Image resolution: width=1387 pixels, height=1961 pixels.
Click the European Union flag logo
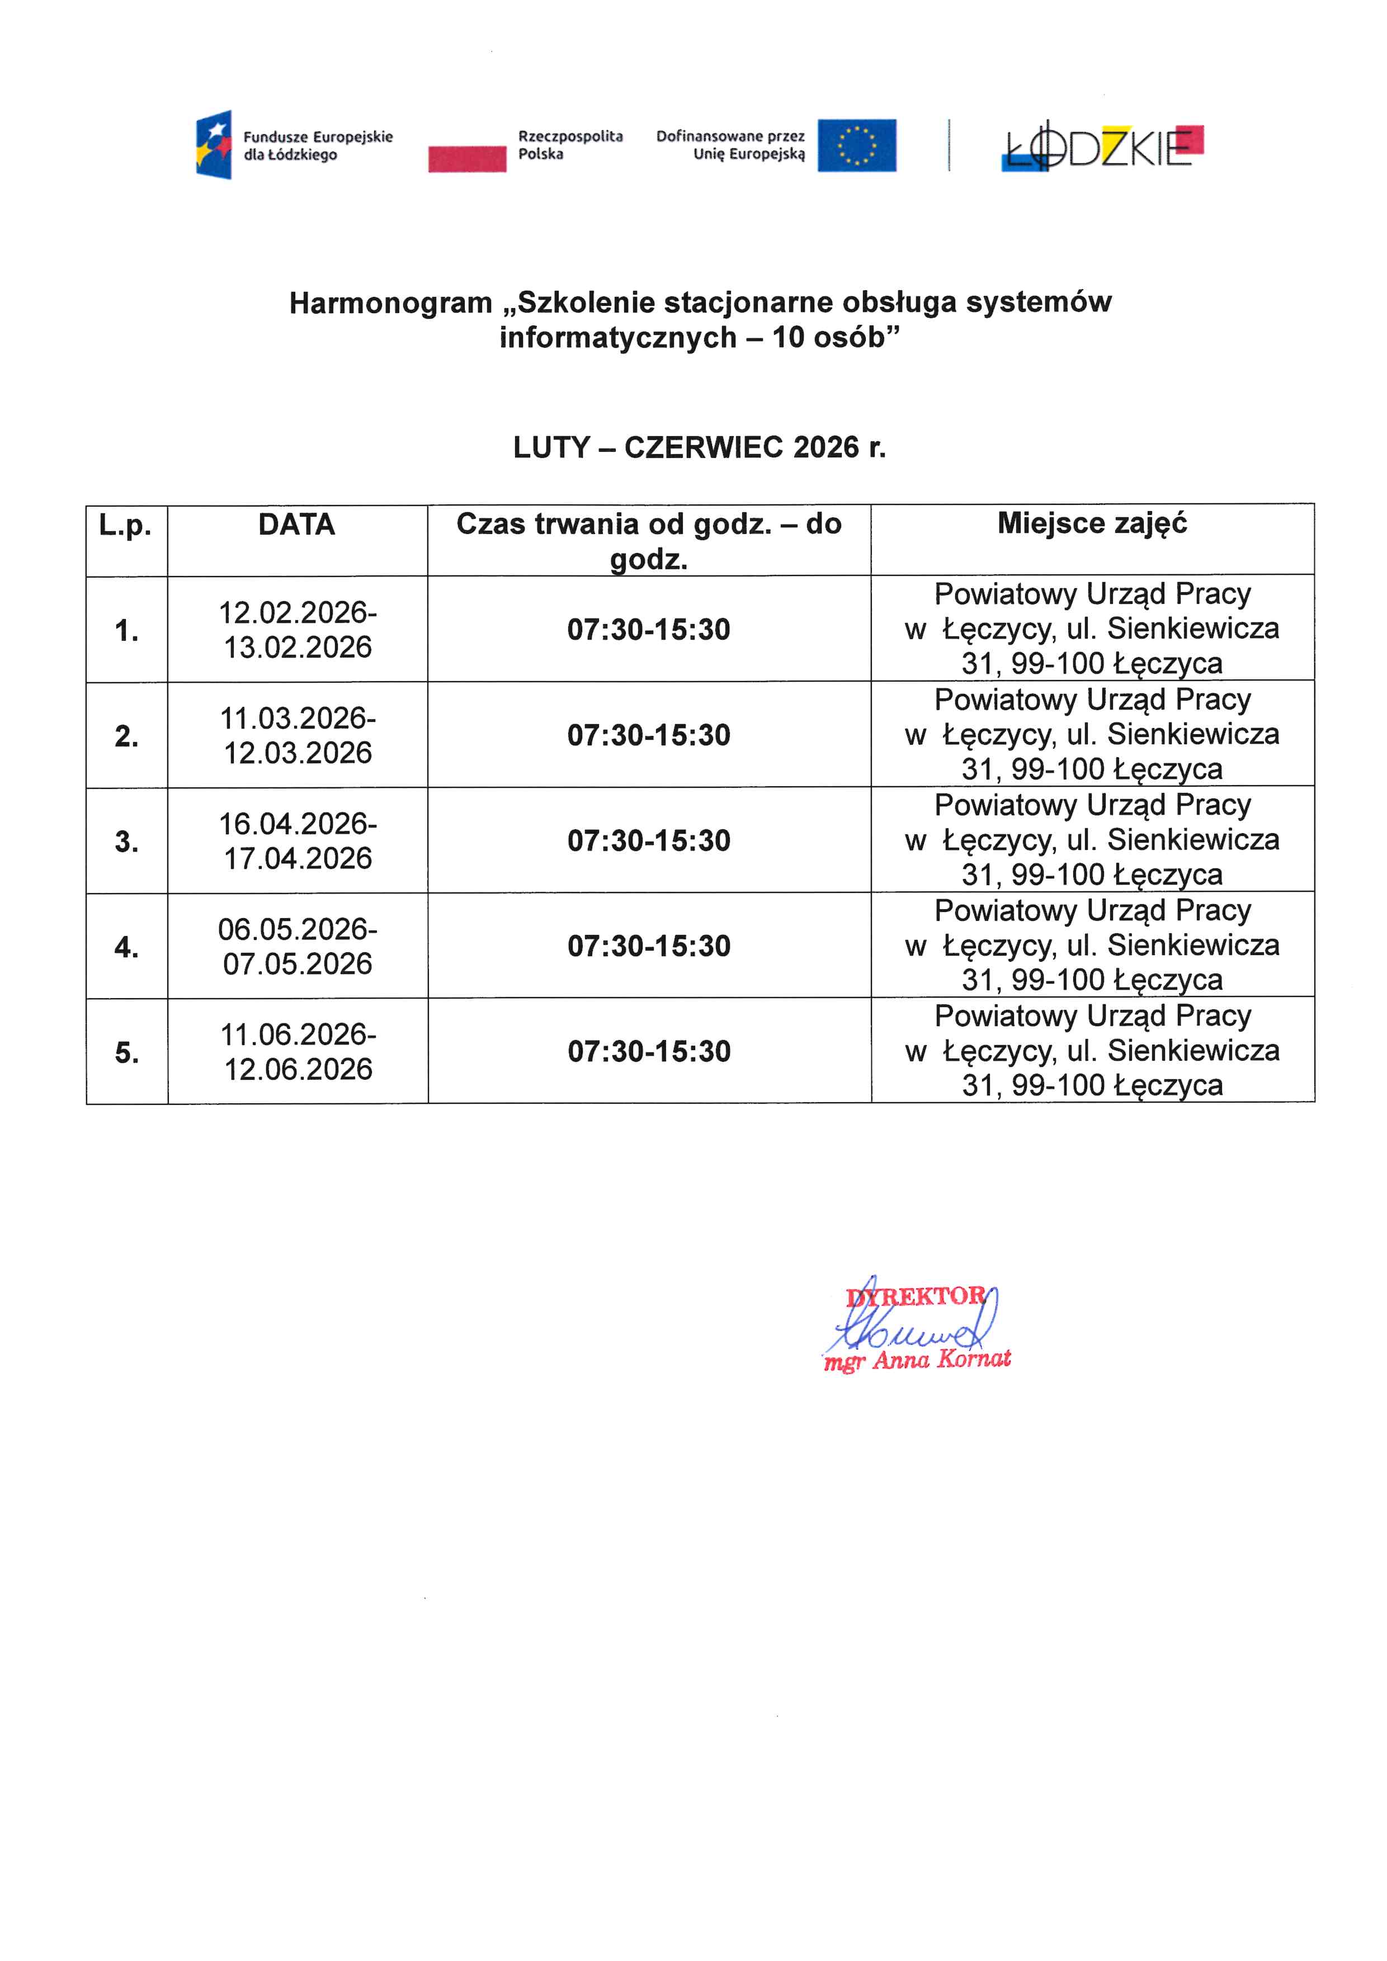(x=857, y=145)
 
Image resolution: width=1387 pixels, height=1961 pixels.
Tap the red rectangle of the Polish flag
(x=467, y=159)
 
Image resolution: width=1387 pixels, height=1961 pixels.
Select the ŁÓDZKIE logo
(x=1102, y=149)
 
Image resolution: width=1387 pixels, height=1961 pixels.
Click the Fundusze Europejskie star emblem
(x=214, y=144)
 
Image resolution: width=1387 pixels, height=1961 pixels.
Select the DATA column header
(x=296, y=524)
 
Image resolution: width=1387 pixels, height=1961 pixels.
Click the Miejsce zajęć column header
(x=1092, y=523)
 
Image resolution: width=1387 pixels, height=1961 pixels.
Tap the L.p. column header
(x=125, y=525)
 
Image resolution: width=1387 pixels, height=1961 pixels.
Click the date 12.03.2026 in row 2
(x=297, y=753)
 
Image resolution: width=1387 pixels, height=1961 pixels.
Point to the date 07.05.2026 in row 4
(x=297, y=963)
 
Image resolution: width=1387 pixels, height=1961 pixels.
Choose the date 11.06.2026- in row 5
(x=297, y=1034)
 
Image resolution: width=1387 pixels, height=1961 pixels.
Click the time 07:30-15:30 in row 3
(x=648, y=840)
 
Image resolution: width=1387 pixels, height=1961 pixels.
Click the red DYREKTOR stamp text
(x=916, y=1297)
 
